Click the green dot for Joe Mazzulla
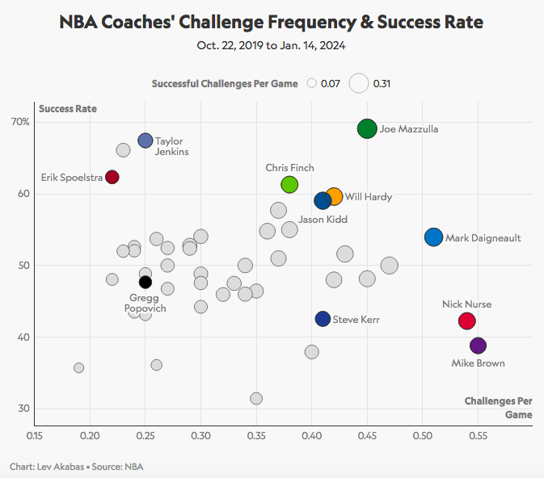pyautogui.click(x=367, y=128)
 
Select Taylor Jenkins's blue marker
pyautogui.click(x=145, y=140)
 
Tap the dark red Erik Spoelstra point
pyautogui.click(x=112, y=177)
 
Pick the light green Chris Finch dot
pyautogui.click(x=289, y=185)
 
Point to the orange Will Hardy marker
pyautogui.click(x=334, y=196)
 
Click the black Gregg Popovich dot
pyautogui.click(x=145, y=282)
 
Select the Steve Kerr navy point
pyautogui.click(x=323, y=319)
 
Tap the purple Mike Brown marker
pyautogui.click(x=478, y=346)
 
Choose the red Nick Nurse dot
pyautogui.click(x=466, y=321)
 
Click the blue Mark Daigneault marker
pyautogui.click(x=433, y=237)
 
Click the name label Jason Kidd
pyautogui.click(x=323, y=219)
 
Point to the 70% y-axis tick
pyautogui.click(x=20, y=122)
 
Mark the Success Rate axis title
pyautogui.click(x=67, y=107)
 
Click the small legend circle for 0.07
pyautogui.click(x=311, y=83)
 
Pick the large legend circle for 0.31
pyautogui.click(x=359, y=83)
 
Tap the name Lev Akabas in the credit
pyautogui.click(x=55, y=467)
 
